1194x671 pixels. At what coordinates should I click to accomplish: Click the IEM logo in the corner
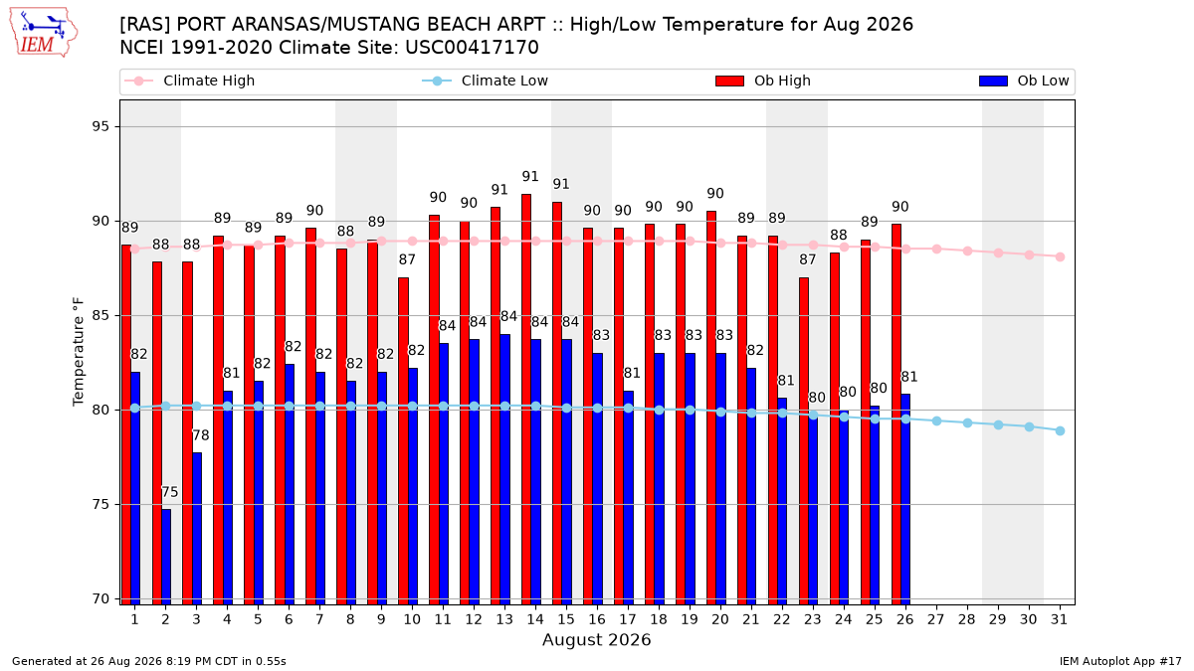point(44,33)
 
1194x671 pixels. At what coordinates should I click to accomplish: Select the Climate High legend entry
point(189,81)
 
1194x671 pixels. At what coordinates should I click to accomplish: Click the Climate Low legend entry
point(486,81)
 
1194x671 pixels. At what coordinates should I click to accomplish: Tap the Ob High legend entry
point(763,81)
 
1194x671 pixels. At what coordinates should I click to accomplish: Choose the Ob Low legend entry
point(1024,81)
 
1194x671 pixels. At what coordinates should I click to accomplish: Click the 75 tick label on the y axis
point(100,504)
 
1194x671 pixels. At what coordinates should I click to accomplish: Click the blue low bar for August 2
point(166,557)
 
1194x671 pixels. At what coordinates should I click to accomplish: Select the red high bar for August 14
point(526,400)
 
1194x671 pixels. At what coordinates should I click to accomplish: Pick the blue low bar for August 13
point(504,469)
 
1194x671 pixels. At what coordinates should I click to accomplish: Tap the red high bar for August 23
point(804,441)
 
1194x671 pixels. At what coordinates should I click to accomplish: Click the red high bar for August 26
point(896,415)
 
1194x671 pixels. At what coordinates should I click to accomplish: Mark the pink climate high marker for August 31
point(1061,256)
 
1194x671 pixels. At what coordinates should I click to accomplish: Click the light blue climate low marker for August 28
point(967,422)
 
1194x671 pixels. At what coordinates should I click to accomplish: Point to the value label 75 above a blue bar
point(169,492)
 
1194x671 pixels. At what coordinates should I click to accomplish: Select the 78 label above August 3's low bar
point(200,435)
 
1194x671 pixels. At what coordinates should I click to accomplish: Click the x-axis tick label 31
point(1059,619)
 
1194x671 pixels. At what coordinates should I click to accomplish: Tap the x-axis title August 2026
point(596,639)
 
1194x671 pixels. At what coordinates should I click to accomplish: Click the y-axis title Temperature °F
point(79,352)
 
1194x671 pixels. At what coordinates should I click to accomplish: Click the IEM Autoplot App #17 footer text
point(1120,661)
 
